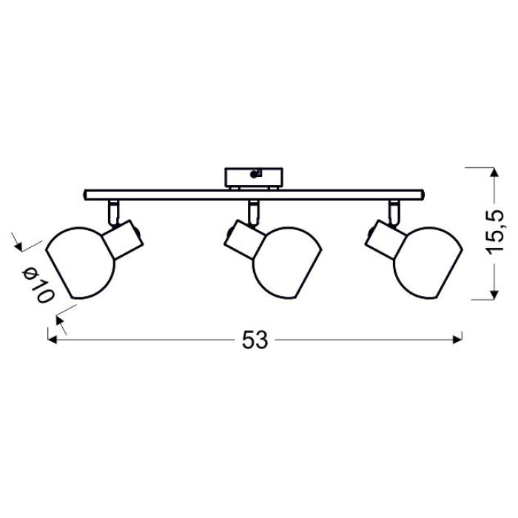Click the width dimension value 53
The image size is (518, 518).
click(255, 339)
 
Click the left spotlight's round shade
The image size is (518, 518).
click(80, 263)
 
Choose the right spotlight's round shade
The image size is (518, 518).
click(428, 263)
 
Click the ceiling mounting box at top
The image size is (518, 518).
click(254, 178)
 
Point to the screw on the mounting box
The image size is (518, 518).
click(255, 174)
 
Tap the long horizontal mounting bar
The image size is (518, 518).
click(254, 195)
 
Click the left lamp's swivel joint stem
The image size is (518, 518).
click(113, 213)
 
